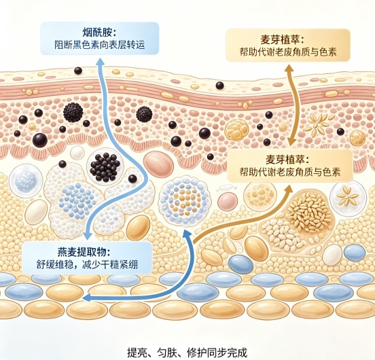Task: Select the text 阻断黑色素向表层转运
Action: click(100, 45)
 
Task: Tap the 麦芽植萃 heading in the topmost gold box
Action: click(282, 39)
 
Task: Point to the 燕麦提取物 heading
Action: click(84, 253)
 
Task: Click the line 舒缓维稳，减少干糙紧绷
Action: click(87, 265)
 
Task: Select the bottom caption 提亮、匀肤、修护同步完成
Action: click(187, 352)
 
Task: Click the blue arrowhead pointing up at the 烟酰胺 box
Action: click(100, 61)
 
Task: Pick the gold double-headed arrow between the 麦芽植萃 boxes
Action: click(291, 105)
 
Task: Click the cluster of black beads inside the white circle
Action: click(105, 167)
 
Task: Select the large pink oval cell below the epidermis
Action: click(158, 164)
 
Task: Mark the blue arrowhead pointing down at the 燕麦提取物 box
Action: click(87, 235)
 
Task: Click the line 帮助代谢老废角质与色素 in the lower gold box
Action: click(290, 171)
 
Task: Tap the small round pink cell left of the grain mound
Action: click(227, 201)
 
